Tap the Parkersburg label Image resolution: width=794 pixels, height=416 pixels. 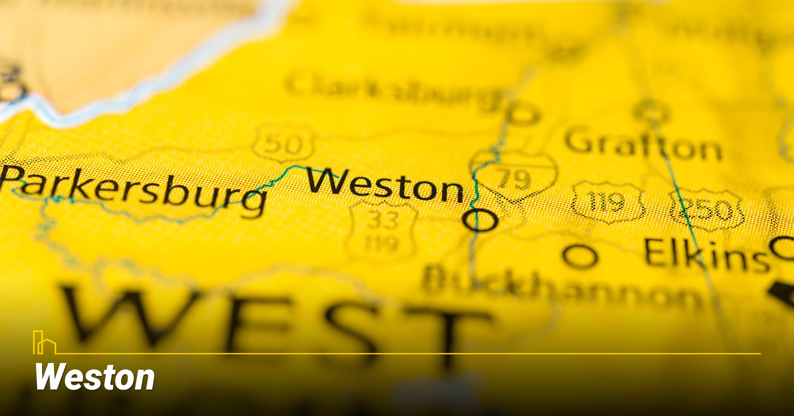click(132, 190)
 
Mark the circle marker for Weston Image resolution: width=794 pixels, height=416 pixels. click(480, 220)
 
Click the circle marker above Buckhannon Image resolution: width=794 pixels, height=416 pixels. click(580, 255)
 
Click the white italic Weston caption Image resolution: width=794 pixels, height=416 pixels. click(95, 377)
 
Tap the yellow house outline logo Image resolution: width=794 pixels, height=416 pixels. click(44, 343)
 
